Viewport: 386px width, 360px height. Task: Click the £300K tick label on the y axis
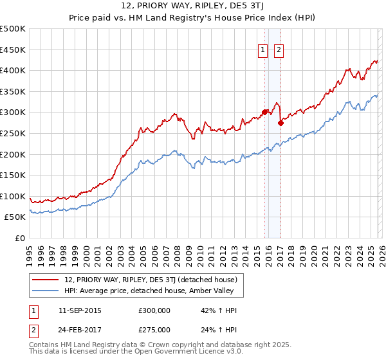(x=13, y=112)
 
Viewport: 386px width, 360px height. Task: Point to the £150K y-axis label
(x=13, y=175)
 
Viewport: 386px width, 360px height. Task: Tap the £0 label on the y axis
(x=19, y=238)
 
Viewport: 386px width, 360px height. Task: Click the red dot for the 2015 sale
(x=264, y=112)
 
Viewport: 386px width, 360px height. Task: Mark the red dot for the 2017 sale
(x=280, y=122)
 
